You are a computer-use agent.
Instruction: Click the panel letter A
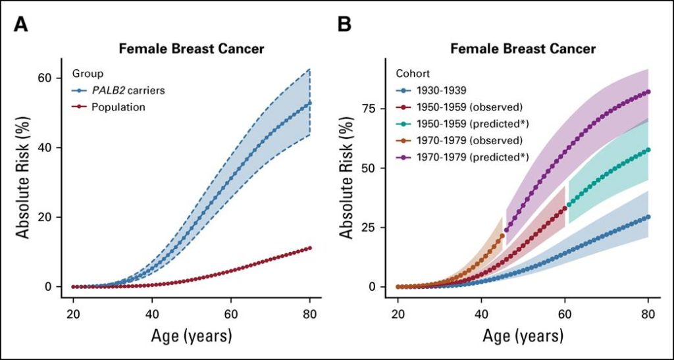(22, 26)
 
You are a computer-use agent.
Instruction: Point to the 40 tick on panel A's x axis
(152, 314)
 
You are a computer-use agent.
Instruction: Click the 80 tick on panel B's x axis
(648, 314)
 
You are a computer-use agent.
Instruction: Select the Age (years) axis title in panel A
(191, 336)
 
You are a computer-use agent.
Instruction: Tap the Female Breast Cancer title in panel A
(191, 49)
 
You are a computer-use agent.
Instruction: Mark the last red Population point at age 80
(310, 248)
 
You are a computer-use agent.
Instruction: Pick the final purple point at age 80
(648, 91)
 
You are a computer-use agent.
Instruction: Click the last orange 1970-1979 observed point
(502, 236)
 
